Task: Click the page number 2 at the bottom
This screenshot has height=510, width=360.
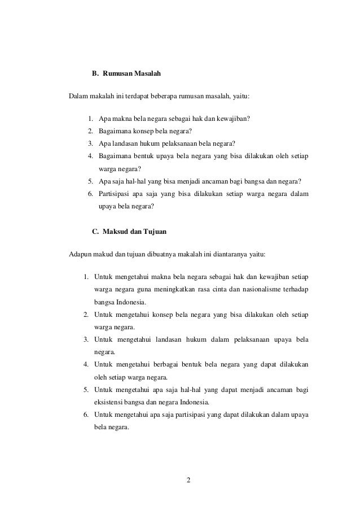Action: pyautogui.click(x=188, y=480)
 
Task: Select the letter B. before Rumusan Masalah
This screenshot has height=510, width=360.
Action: pyautogui.click(x=95, y=74)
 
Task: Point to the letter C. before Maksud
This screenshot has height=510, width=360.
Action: pyautogui.click(x=95, y=232)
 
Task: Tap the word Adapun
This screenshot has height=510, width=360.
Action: pyautogui.click(x=80, y=254)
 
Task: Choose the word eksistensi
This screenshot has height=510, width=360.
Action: pyautogui.click(x=110, y=403)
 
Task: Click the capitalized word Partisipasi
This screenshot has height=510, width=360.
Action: pyautogui.click(x=115, y=194)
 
